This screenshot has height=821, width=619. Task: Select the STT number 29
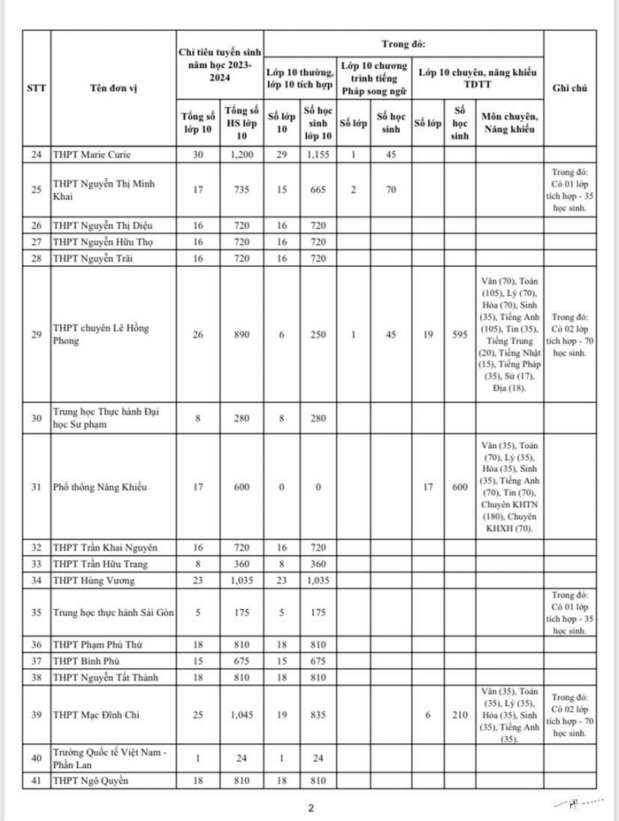tap(35, 334)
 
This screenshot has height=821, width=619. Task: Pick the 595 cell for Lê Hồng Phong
tap(458, 334)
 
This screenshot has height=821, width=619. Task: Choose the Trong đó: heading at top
tap(404, 42)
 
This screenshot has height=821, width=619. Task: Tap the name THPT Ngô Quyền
tap(91, 780)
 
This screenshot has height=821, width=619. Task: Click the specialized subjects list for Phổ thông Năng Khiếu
tap(508, 487)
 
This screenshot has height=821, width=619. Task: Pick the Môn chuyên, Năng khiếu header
tap(508, 124)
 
